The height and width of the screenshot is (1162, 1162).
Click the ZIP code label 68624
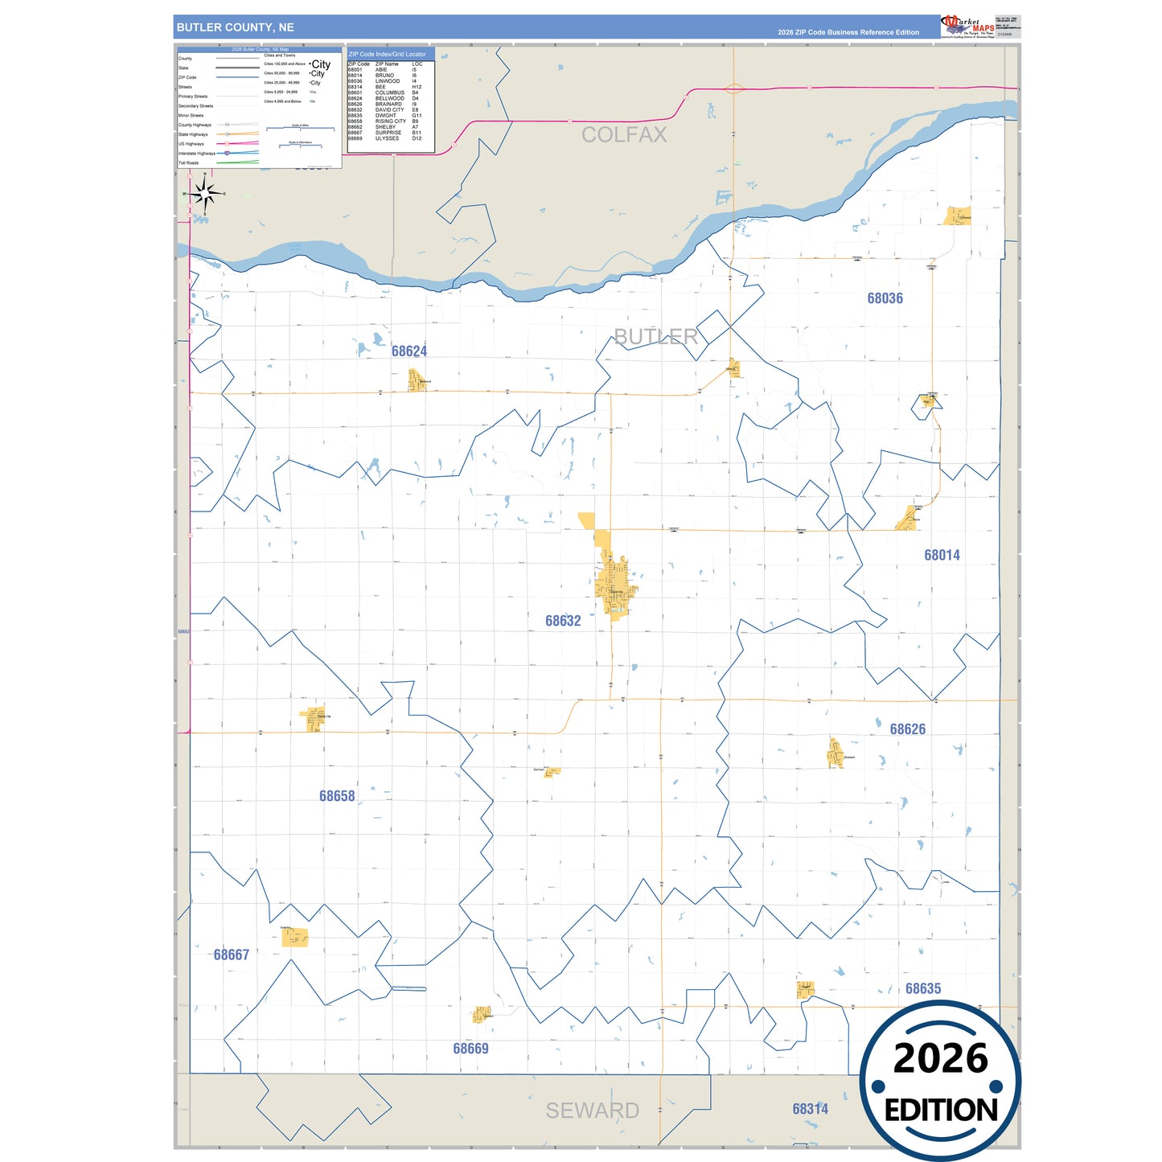click(x=409, y=351)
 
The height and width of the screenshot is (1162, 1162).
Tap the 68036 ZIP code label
click(x=885, y=298)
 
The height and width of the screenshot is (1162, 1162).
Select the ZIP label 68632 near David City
click(x=562, y=621)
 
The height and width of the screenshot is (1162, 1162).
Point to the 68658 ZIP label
click(x=336, y=796)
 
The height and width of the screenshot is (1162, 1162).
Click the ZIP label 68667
click(x=231, y=955)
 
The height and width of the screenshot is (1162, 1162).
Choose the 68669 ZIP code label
click(x=470, y=1049)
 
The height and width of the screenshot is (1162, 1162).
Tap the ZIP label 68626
click(x=907, y=729)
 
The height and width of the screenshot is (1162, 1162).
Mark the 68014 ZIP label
click(x=942, y=555)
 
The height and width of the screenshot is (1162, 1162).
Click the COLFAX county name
click(x=624, y=135)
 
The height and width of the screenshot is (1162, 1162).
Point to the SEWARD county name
click(x=592, y=1111)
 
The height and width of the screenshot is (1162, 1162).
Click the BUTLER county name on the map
click(x=655, y=337)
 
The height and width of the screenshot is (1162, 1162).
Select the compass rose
click(x=205, y=194)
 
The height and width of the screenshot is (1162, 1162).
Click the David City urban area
click(x=614, y=583)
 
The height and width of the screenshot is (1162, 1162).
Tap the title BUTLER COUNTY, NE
click(x=235, y=27)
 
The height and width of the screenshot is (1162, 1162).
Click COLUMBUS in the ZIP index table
click(x=389, y=92)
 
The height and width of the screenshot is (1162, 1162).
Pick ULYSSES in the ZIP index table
click(x=387, y=138)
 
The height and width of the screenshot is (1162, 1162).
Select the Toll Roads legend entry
click(x=189, y=162)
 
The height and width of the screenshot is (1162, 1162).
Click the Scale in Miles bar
click(x=301, y=129)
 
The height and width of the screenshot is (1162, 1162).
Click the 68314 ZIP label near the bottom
click(x=810, y=1109)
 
